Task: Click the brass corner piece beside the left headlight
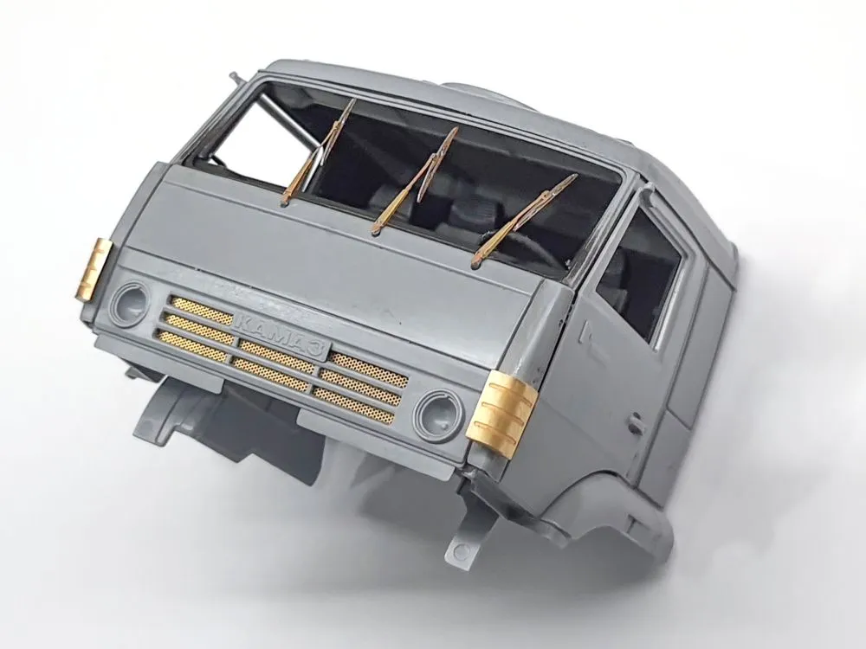click(96, 269)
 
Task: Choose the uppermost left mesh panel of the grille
click(201, 306)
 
